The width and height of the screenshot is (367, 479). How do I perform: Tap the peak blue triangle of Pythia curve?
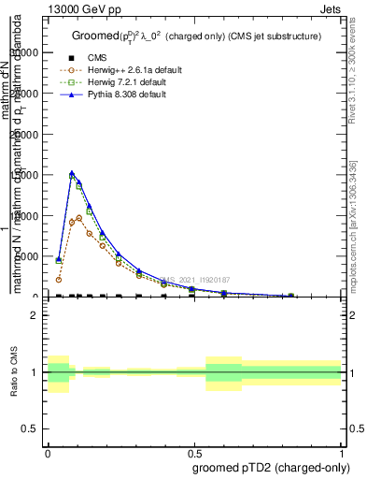pyautogui.click(x=72, y=173)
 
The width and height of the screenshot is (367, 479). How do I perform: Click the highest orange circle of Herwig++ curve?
pyautogui.click(x=79, y=218)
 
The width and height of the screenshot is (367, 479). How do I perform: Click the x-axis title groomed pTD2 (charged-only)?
pyautogui.click(x=268, y=466)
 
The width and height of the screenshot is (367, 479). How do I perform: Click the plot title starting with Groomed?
pyautogui.click(x=196, y=36)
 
